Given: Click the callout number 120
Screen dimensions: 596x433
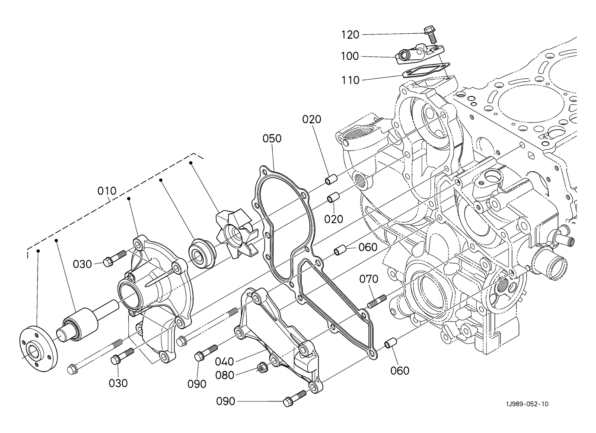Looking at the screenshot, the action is point(350,35).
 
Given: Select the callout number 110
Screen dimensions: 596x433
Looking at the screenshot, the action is point(351,80).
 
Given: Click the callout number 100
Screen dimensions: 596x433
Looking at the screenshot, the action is point(350,57).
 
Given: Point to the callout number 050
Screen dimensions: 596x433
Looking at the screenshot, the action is point(272,138).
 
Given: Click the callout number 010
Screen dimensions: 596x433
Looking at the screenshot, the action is point(107,191).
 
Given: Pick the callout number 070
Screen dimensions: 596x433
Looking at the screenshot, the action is point(369,279).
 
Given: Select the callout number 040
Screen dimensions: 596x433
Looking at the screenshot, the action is point(224,362).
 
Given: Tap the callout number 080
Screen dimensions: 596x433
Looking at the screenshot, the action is point(224,375).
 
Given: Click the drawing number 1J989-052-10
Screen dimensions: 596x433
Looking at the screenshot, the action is point(527,404).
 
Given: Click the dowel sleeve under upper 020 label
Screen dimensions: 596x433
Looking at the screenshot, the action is point(331,179).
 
